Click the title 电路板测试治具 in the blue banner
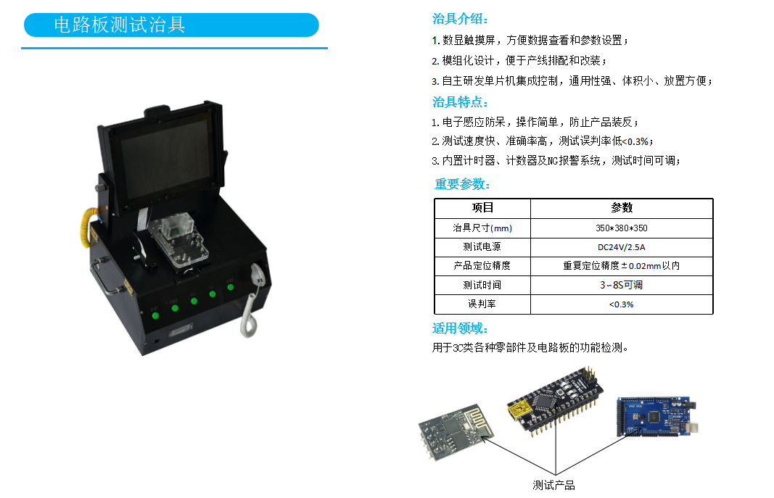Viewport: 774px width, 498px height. click(x=120, y=25)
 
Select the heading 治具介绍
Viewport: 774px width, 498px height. click(x=460, y=19)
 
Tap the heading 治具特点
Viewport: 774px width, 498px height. click(x=460, y=102)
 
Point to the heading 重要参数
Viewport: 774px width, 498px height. click(x=463, y=184)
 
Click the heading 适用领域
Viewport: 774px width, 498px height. click(x=460, y=328)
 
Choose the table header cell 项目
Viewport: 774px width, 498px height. click(x=482, y=208)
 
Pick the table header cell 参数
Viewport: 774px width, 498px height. click(x=622, y=208)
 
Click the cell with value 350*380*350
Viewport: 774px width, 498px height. click(x=622, y=228)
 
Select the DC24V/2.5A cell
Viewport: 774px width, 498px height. click(x=622, y=247)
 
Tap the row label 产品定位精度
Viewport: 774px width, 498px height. click(x=482, y=266)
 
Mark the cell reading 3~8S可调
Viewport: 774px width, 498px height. click(x=622, y=285)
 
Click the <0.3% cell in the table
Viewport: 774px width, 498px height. click(x=622, y=304)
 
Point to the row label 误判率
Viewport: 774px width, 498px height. click(x=482, y=304)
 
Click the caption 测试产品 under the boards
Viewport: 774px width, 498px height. click(x=554, y=485)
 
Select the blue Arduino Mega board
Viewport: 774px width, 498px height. click(x=656, y=415)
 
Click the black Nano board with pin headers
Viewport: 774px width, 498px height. click(x=556, y=402)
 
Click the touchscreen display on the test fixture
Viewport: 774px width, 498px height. click(x=165, y=154)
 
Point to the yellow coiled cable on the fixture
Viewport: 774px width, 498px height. click(x=88, y=229)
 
